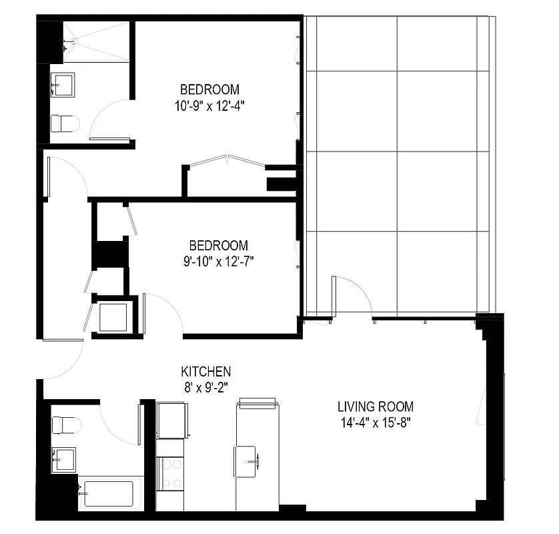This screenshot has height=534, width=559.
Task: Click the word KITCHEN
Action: pyautogui.click(x=206, y=372)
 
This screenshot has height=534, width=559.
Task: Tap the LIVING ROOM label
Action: pyautogui.click(x=375, y=407)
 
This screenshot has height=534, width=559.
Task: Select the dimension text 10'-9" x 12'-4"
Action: pyautogui.click(x=209, y=105)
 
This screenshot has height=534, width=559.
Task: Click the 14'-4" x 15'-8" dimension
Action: pyautogui.click(x=375, y=422)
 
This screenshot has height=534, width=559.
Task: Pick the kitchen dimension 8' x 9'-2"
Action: pyautogui.click(x=206, y=387)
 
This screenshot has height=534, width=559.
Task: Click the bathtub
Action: pyautogui.click(x=110, y=493)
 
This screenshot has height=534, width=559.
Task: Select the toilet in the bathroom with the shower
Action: pyautogui.click(x=65, y=123)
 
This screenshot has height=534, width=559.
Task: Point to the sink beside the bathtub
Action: pyautogui.click(x=65, y=458)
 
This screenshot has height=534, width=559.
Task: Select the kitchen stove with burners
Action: pyautogui.click(x=171, y=473)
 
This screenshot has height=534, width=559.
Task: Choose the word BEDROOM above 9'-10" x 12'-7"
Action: pyautogui.click(x=218, y=246)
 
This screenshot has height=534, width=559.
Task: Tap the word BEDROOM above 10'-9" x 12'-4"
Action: pyautogui.click(x=209, y=89)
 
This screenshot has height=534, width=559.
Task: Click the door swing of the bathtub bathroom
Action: pyautogui.click(x=120, y=424)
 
